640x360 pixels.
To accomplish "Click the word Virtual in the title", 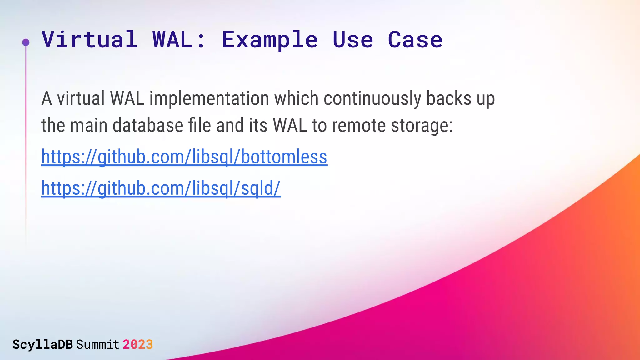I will tap(90, 40).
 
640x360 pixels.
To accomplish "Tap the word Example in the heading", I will tap(270, 40).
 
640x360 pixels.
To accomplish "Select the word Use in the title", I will tap(353, 40).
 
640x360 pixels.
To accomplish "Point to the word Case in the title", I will tap(415, 40).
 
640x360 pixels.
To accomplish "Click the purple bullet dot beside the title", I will tap(26, 42).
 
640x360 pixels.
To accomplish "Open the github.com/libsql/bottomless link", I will tap(184, 157).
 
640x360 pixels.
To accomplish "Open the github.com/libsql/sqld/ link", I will tap(161, 188).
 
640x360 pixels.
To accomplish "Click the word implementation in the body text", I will tap(209, 98).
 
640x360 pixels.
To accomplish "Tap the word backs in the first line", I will tap(449, 98).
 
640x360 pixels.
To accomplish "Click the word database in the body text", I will tap(148, 125).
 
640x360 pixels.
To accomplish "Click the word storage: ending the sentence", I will tap(422, 125).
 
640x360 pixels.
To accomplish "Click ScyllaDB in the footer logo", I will tap(42, 345).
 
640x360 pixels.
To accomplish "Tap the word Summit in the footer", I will tap(97, 345).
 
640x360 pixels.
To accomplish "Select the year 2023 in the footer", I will tap(137, 345).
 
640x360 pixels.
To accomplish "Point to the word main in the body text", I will tap(88, 125).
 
